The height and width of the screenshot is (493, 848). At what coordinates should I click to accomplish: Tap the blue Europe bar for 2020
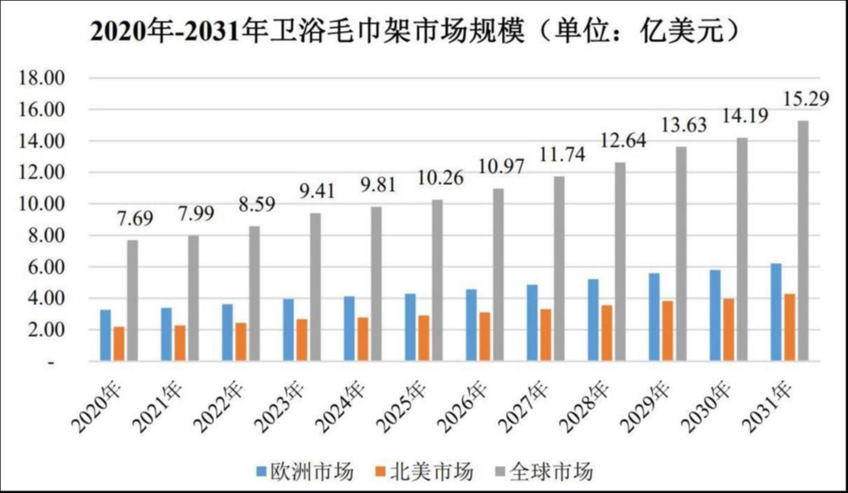click(106, 336)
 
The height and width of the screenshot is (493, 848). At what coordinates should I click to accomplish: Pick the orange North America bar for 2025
click(423, 338)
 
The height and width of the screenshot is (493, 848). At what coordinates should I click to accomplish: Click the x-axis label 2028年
click(585, 406)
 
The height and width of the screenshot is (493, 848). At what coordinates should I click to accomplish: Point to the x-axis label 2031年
click(767, 406)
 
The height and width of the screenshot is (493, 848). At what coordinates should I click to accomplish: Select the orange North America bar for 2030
click(728, 330)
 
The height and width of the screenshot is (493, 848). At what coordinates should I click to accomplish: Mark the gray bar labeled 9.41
click(316, 287)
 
